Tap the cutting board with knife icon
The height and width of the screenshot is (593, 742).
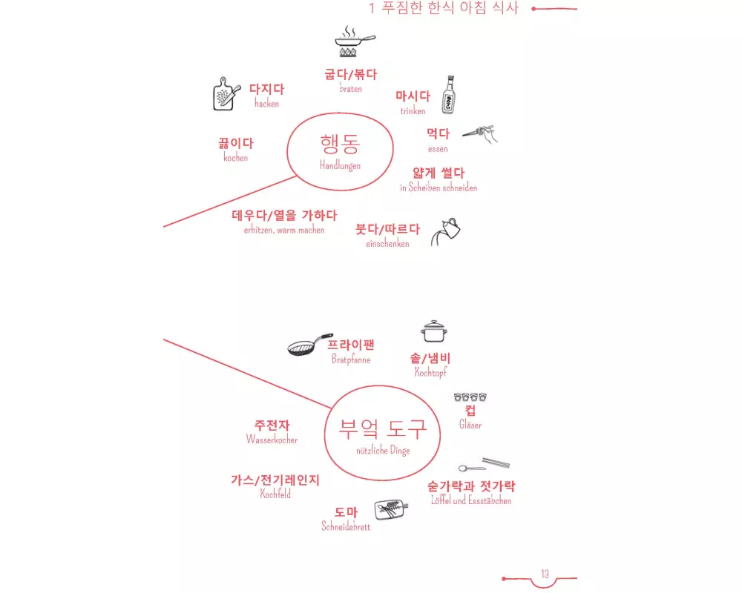click(226, 94)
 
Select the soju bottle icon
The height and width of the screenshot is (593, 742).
click(449, 95)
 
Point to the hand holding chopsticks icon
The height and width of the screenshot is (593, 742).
click(480, 134)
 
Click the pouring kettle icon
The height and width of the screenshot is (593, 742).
click(446, 232)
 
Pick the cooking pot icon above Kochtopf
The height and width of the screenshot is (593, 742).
click(434, 331)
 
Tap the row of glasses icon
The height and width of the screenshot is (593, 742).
click(470, 397)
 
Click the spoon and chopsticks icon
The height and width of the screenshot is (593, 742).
click(484, 465)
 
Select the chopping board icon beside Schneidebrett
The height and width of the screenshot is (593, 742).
click(391, 510)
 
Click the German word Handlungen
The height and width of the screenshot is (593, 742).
click(341, 165)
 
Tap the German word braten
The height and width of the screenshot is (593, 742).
click(351, 89)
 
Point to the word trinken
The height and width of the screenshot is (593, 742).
click(413, 111)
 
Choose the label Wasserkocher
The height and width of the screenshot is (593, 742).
click(272, 440)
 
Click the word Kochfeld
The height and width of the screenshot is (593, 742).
click(275, 494)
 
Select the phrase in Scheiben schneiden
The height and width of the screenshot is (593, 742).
click(439, 188)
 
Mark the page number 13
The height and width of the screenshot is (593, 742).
click(545, 574)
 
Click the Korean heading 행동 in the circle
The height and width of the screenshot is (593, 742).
click(341, 144)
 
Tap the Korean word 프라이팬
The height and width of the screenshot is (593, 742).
click(351, 345)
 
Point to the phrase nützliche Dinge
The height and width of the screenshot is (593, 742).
click(383, 451)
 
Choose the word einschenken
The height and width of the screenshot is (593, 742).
click(387, 244)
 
